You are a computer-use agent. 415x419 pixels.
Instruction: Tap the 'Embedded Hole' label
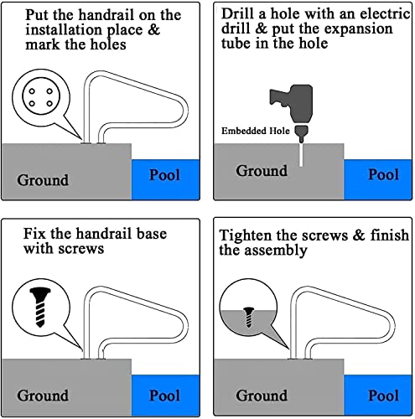[256, 131]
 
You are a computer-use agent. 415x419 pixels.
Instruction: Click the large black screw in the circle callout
[40, 307]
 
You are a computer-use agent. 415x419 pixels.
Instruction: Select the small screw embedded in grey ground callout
[248, 317]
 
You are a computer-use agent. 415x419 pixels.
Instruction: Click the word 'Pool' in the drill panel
[383, 174]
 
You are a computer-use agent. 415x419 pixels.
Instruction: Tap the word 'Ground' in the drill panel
[262, 171]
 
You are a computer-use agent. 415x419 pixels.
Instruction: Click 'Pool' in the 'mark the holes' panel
[164, 175]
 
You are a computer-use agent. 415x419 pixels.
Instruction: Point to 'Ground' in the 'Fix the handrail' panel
[43, 396]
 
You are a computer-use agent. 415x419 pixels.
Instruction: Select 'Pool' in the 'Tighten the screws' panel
[383, 396]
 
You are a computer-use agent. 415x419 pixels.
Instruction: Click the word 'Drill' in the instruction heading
[239, 13]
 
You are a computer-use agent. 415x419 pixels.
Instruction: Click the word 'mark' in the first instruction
[43, 44]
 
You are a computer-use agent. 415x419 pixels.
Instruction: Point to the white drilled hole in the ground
[301, 155]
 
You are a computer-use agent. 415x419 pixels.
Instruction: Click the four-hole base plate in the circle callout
[41, 97]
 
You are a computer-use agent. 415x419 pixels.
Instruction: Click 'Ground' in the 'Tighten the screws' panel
[262, 396]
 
